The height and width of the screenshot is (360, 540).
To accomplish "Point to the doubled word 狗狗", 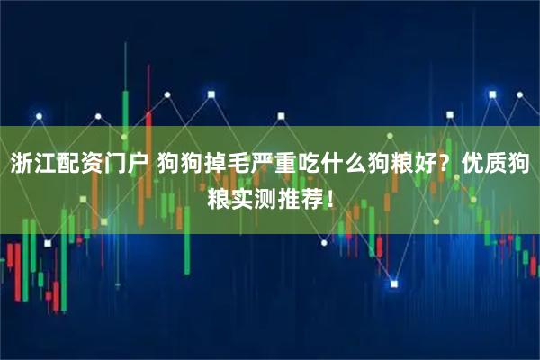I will tap(179, 165).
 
